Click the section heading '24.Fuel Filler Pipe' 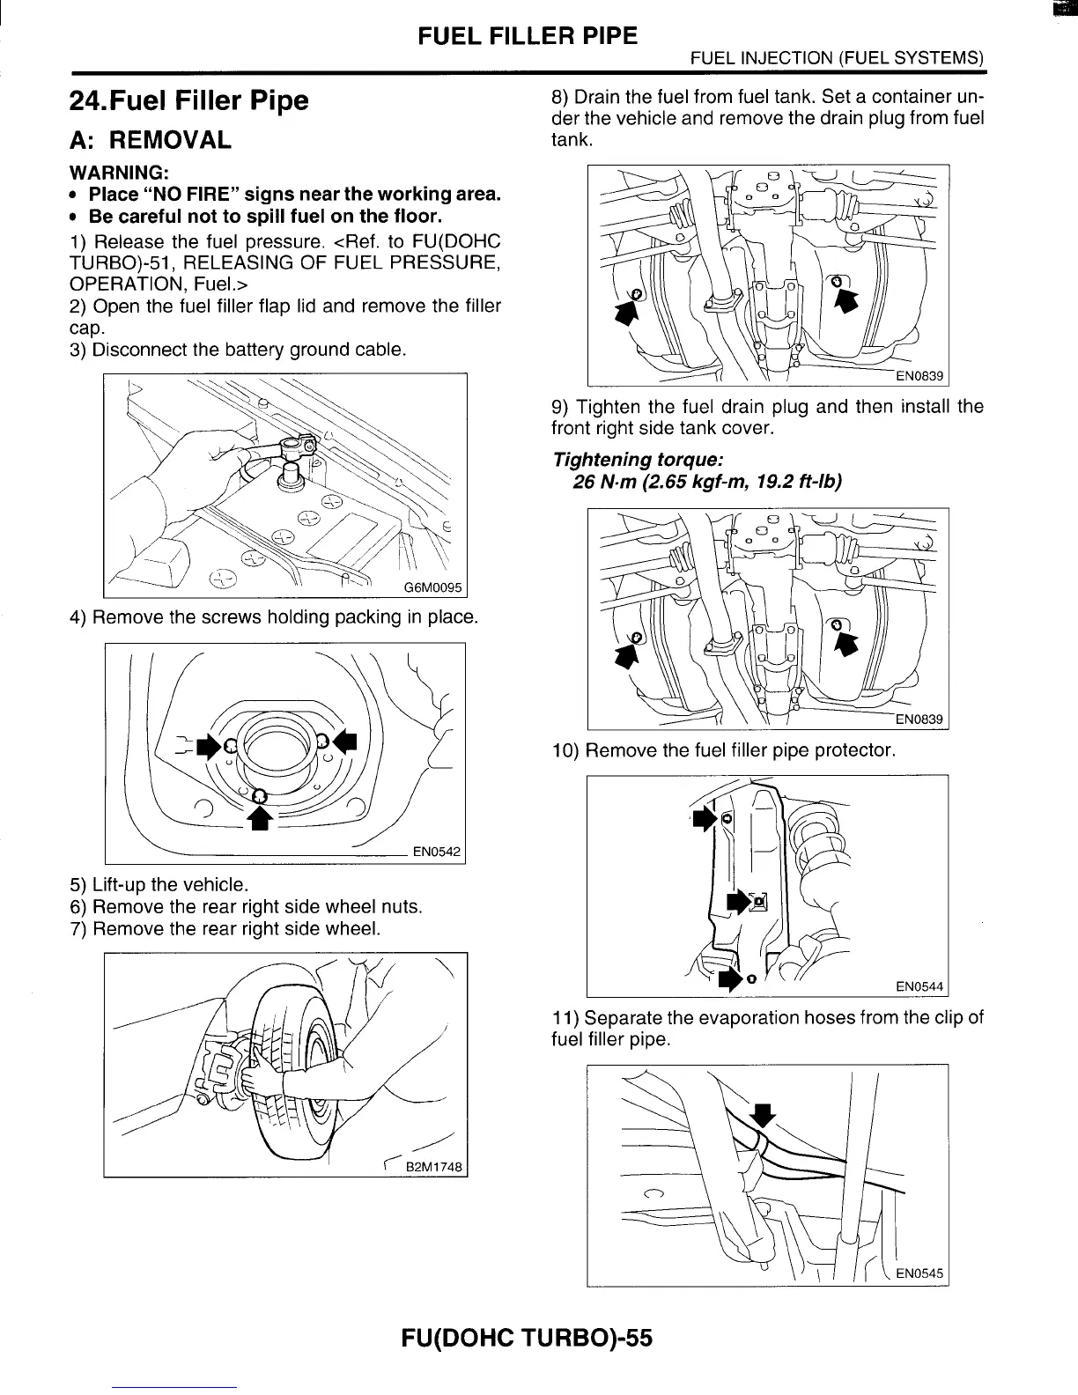[x=188, y=100]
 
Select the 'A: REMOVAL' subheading [x=150, y=140]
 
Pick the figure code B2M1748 [x=432, y=1168]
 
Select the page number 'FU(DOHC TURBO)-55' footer [x=527, y=1338]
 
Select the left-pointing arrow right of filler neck [x=346, y=740]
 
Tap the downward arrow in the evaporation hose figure [x=764, y=1113]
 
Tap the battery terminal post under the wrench [x=286, y=476]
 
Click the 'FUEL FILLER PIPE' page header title [x=527, y=36]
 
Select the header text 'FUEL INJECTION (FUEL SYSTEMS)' [x=837, y=60]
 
